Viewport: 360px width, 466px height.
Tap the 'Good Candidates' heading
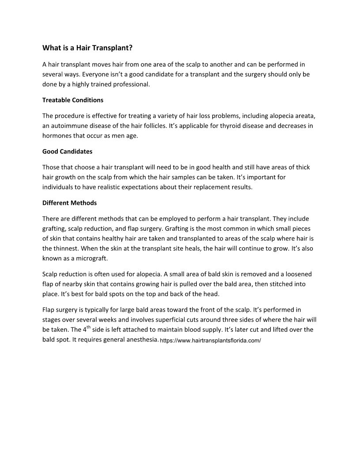pos(67,151)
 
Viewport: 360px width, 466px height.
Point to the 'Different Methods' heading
pos(69,203)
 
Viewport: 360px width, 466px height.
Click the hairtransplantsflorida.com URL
pos(210,341)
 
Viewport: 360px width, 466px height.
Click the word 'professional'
pos(131,84)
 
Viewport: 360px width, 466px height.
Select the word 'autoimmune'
pos(68,126)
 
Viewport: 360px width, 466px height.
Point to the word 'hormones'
pos(57,136)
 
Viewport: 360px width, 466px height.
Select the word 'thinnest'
pos(66,248)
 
